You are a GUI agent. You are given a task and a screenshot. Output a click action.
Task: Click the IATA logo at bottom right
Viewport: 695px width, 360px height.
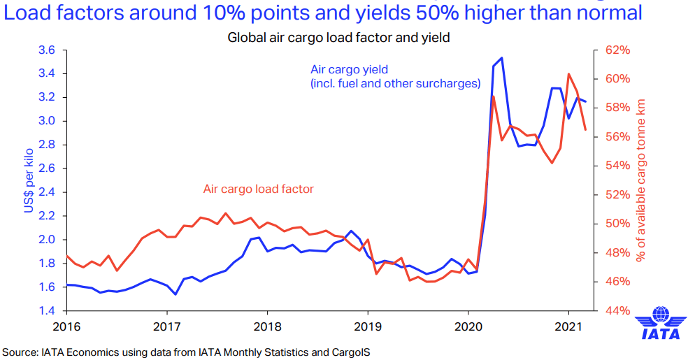[660, 325]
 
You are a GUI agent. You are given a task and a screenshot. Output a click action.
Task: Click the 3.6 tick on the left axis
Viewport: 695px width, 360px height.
[47, 50]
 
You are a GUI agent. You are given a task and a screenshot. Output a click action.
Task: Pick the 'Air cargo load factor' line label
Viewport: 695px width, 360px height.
[258, 189]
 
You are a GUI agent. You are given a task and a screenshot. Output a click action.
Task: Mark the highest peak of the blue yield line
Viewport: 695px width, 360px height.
[501, 58]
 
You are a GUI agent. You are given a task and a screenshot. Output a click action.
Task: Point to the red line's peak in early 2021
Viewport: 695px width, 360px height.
[568, 73]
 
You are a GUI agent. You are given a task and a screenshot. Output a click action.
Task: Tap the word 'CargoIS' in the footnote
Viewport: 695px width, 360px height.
[350, 352]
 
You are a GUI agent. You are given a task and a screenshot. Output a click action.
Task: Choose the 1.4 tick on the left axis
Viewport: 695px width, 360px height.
[47, 310]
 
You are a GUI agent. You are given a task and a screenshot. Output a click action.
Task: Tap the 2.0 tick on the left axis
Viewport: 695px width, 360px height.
[47, 239]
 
